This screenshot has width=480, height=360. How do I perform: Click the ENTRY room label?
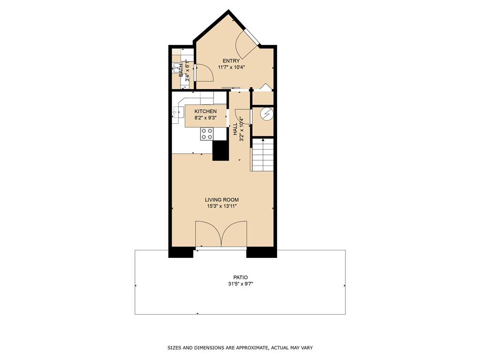click(x=231, y=61)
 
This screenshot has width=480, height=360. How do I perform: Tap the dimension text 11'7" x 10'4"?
click(x=232, y=67)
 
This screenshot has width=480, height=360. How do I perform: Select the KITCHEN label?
click(x=205, y=111)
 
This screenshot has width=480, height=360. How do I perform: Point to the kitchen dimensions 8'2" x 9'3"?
click(x=205, y=118)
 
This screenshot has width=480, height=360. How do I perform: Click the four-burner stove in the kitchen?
click(x=207, y=134)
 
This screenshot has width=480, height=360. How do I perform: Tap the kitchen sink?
click(x=178, y=113)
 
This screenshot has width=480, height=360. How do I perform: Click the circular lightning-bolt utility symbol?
click(x=266, y=114)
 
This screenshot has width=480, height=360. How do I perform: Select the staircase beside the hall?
click(x=262, y=155)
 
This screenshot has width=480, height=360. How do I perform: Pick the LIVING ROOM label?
click(x=222, y=200)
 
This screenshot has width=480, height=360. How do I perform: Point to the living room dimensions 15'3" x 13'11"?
click(x=222, y=206)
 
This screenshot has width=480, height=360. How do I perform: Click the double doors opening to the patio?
click(x=221, y=234)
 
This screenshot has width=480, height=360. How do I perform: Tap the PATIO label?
click(x=241, y=277)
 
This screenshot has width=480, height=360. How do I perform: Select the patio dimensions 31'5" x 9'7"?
click(x=241, y=284)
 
